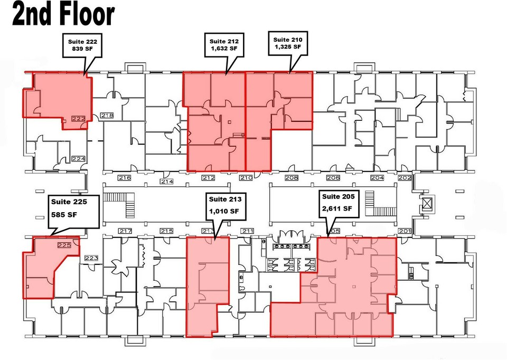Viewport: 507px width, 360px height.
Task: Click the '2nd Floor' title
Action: point(63,14)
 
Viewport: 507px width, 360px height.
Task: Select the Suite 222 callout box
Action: point(82,45)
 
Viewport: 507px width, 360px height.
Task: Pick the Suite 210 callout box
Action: point(288,43)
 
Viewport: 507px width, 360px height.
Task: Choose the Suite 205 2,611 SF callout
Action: point(339,203)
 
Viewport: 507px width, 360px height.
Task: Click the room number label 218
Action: point(107,116)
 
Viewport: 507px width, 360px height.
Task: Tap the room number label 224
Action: point(78,159)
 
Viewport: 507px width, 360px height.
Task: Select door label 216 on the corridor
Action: point(125,177)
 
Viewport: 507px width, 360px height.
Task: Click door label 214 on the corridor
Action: point(167,181)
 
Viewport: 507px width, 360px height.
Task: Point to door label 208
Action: point(292,177)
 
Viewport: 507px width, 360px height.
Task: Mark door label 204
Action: point(377,177)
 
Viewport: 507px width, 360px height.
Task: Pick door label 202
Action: point(405,177)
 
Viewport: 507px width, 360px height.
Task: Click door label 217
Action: point(125,231)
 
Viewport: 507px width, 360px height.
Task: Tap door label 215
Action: point(166,231)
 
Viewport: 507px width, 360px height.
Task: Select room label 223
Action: point(91,258)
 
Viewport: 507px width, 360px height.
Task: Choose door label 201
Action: point(405,231)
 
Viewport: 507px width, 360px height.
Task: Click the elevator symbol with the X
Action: point(427,204)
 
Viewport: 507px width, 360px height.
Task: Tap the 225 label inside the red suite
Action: point(64,245)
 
